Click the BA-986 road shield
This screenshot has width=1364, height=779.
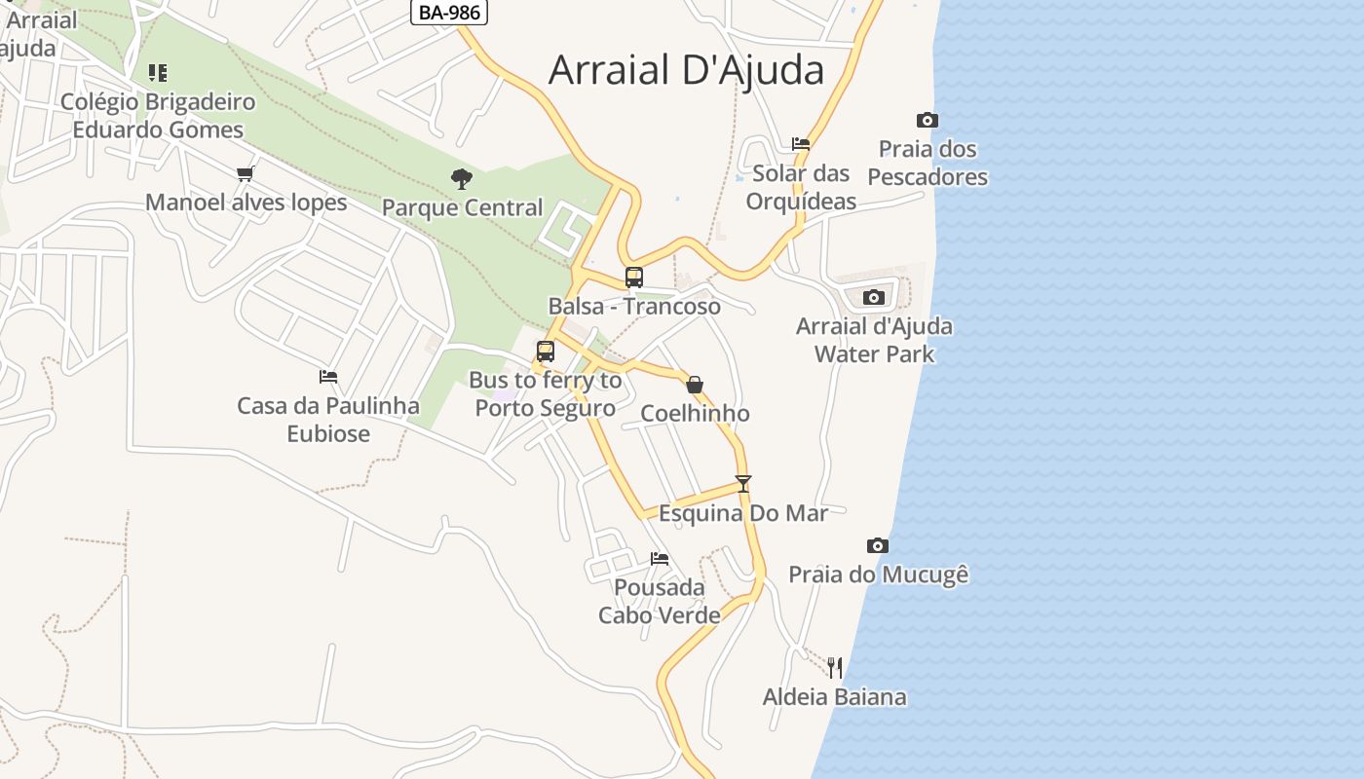click(x=449, y=13)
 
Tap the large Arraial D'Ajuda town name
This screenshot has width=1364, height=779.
click(x=686, y=70)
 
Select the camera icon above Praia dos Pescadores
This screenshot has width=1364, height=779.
click(x=928, y=121)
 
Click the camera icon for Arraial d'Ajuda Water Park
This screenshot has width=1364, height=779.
click(x=874, y=297)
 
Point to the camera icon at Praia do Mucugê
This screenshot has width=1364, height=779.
click(x=878, y=545)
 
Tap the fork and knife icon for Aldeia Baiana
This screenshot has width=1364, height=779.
click(x=834, y=667)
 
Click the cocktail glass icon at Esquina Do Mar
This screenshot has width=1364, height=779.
click(x=743, y=483)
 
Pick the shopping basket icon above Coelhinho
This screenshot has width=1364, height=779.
click(x=695, y=385)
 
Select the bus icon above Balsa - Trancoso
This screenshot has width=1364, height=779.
click(x=634, y=277)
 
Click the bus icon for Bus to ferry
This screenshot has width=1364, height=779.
click(x=546, y=352)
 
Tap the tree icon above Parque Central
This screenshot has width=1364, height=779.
click(x=462, y=178)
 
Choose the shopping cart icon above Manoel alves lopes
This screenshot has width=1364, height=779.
click(x=246, y=173)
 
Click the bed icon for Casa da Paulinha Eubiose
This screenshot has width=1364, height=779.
click(x=328, y=377)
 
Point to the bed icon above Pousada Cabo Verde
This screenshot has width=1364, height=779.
click(x=660, y=559)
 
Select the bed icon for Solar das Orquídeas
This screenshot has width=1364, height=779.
click(x=801, y=143)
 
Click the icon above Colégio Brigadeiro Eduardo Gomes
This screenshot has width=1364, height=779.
click(x=158, y=73)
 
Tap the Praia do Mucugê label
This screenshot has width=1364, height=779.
click(x=878, y=575)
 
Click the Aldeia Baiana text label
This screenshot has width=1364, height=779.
click(x=834, y=697)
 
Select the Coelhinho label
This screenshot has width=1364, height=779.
click(x=695, y=414)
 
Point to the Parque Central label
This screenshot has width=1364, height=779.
click(x=462, y=207)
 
